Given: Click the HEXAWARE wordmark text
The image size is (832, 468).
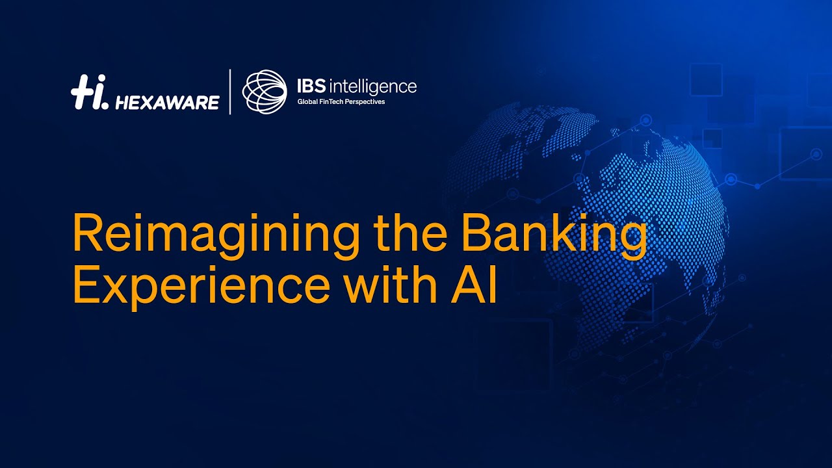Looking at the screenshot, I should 167,102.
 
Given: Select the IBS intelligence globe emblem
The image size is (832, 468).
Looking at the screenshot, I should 265,92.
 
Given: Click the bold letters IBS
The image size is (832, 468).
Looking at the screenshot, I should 311,86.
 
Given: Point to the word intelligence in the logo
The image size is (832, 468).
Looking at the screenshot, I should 373,86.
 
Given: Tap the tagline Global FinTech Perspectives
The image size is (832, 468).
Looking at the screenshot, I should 341,102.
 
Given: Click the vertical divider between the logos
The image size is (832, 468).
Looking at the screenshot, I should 230,92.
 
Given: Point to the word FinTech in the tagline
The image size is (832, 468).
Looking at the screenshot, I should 331,102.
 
